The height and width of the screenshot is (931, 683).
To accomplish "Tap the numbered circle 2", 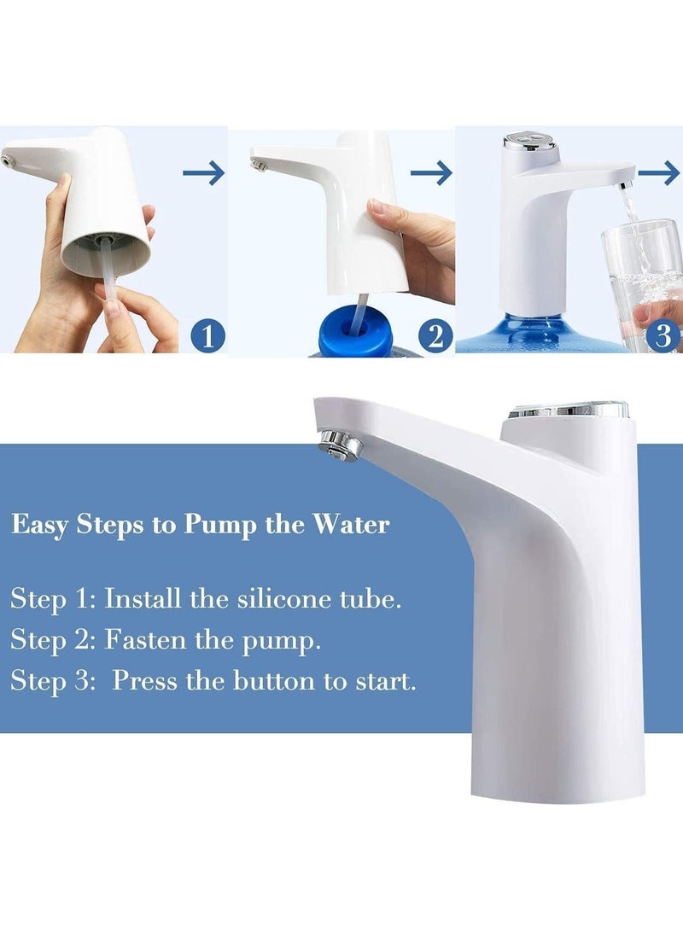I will click(435, 335).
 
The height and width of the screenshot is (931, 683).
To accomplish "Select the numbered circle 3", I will click(663, 335).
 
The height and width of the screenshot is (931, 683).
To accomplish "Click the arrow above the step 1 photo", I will click(203, 173).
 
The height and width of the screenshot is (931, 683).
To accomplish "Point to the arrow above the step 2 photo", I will click(431, 173).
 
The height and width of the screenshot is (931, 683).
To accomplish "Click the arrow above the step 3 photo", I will click(659, 173).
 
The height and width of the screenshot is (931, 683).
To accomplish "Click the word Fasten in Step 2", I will click(145, 640).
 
